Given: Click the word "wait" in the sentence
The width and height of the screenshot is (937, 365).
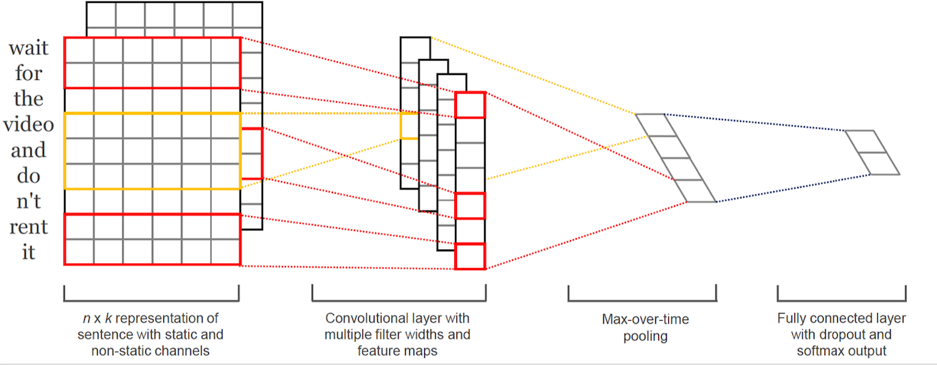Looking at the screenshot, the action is pyautogui.click(x=29, y=48).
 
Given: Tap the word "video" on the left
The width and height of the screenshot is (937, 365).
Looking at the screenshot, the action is pyautogui.click(x=29, y=124).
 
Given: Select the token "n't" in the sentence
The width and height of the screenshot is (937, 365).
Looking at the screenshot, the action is pyautogui.click(x=29, y=201).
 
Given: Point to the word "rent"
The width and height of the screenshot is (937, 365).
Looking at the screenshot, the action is pyautogui.click(x=29, y=227).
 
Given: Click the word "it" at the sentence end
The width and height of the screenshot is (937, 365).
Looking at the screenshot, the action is pyautogui.click(x=29, y=252).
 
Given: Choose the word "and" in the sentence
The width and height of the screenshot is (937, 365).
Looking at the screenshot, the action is pyautogui.click(x=29, y=150).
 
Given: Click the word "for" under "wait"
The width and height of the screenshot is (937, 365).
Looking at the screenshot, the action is pyautogui.click(x=29, y=73).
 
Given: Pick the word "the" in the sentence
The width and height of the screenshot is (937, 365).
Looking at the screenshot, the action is pyautogui.click(x=29, y=98).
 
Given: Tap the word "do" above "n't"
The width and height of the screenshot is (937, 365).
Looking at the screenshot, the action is pyautogui.click(x=29, y=175).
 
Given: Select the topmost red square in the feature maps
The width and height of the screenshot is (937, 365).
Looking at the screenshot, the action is pyautogui.click(x=470, y=105).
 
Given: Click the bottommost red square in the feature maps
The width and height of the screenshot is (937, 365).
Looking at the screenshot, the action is pyautogui.click(x=470, y=256).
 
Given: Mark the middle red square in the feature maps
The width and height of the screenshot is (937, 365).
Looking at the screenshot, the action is pyautogui.click(x=470, y=206).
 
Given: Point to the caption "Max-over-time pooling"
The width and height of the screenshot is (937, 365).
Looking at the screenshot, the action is pyautogui.click(x=645, y=327).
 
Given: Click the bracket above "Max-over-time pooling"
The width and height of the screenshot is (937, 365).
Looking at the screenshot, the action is pyautogui.click(x=642, y=300).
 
